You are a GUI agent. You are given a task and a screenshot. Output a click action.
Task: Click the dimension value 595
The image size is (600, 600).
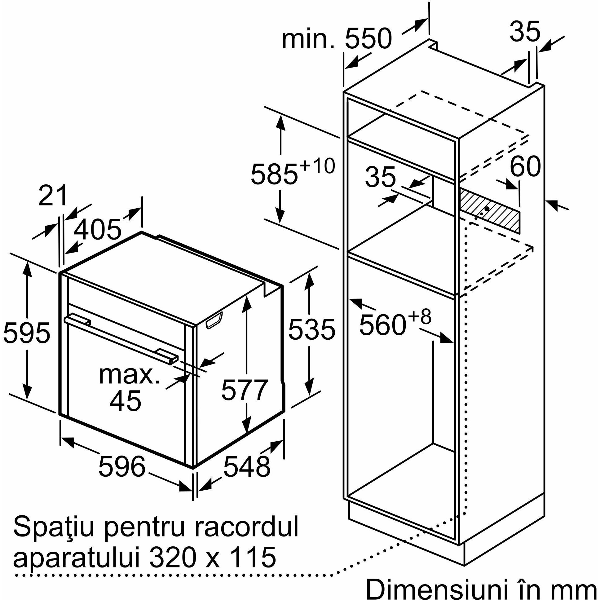click(x=26, y=333)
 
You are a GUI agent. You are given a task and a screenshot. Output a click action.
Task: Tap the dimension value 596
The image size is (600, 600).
click(x=122, y=466)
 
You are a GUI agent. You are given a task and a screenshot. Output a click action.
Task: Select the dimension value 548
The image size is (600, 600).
click(x=247, y=466)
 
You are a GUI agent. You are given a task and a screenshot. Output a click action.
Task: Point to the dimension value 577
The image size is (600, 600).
click(x=245, y=390)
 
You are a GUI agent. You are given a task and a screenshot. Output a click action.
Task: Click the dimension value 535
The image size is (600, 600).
click(x=311, y=329)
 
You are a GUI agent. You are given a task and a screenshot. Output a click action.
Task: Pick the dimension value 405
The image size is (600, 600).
click(x=98, y=230)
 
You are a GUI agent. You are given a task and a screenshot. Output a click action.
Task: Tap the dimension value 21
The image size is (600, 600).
click(x=52, y=195)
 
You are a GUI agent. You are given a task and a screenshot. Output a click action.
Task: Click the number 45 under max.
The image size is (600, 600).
click(x=126, y=401)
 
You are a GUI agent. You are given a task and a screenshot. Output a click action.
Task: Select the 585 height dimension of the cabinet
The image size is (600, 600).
click(x=274, y=174)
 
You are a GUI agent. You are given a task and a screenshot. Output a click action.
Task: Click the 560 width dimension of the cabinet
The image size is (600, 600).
click(x=383, y=325)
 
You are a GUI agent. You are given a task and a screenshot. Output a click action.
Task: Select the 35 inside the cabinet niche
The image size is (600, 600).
click(x=381, y=177)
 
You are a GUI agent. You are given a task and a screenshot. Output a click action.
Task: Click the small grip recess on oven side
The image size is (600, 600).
click(x=214, y=320)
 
